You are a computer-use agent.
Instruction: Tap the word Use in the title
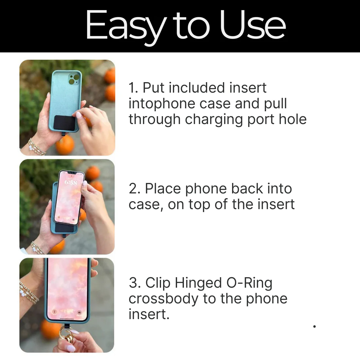coord(253,26)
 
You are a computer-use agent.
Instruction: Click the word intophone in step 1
coord(162,104)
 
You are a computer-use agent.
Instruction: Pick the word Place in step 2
coord(163,189)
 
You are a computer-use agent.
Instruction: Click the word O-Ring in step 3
coord(249,283)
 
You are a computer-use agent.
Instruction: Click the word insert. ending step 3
coord(149,315)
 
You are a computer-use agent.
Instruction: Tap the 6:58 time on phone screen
coord(71,182)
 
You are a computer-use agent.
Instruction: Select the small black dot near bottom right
coord(315,326)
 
